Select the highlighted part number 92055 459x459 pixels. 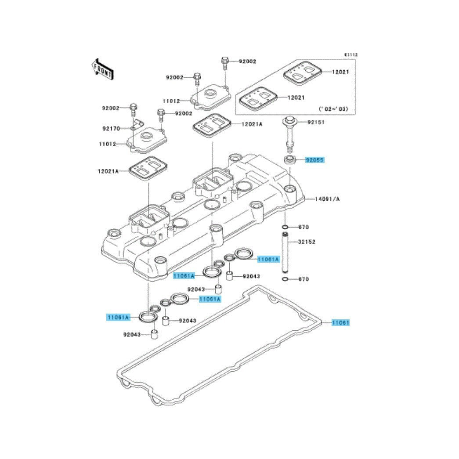pos(314,160)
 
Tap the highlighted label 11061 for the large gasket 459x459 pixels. pos(340,322)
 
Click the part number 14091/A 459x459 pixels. pos(327,199)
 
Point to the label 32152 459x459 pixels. pos(307,242)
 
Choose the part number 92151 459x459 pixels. pos(316,122)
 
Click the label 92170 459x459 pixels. pos(111,129)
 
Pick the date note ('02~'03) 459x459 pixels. pos(333,109)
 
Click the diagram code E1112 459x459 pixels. pos(351,55)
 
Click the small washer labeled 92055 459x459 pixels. pos(289,160)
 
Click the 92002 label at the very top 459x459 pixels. pos(247,61)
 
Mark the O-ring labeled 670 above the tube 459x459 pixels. pos(285,227)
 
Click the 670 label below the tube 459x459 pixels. pos(304,279)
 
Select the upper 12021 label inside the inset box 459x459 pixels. pos(340,72)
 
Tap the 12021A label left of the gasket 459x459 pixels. pos(108,171)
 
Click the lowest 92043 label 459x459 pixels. pos(132,334)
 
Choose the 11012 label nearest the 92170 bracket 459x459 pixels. pos(108,144)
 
